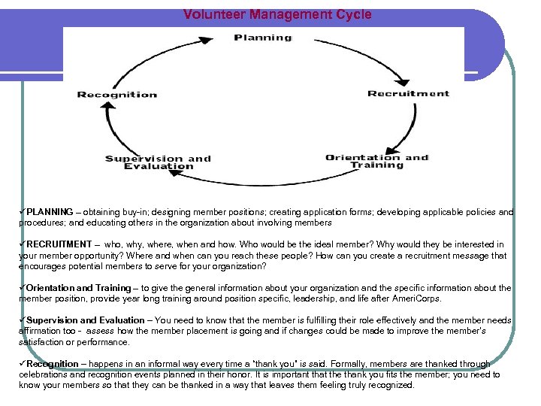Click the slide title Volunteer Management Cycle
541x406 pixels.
point(277,14)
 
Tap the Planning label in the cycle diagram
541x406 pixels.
point(262,38)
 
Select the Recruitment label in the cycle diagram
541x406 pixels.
point(408,94)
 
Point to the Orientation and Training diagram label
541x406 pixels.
point(376,161)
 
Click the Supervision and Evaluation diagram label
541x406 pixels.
point(158,162)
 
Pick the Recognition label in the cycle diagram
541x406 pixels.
point(117,95)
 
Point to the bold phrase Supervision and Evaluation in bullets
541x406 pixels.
point(86,320)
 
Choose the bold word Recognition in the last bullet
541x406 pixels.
point(53,364)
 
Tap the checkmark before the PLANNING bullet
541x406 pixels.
point(23,212)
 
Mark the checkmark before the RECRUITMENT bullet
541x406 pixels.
point(23,244)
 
